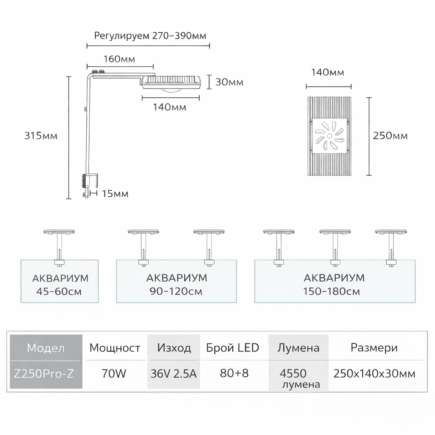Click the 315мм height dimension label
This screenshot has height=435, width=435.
pos(41,136)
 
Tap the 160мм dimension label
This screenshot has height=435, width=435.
pos(119,59)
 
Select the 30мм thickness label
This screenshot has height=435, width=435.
pos(229,82)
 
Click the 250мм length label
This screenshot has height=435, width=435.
pos(390,136)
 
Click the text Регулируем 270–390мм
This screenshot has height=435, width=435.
pos(150,35)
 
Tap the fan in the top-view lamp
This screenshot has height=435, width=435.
pos(330,136)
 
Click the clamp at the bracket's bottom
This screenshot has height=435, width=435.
pos(90,182)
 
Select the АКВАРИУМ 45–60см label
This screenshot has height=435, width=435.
pos(60,285)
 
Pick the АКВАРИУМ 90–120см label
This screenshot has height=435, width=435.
pos(176,285)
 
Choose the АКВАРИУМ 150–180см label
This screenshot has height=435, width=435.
pos(334,285)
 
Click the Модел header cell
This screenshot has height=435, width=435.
pos(46,348)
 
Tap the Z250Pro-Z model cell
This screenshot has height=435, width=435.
pos(46,374)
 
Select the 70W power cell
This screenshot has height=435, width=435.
pos(114,374)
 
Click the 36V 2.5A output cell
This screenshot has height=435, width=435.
pos(174,374)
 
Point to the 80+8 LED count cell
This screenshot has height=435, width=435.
pos(234,374)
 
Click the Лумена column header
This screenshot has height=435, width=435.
pos(298,348)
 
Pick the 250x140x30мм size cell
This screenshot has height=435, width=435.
pos(374,374)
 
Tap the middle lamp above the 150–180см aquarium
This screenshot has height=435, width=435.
pos(335,232)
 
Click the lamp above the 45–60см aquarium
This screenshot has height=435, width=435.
pos(59,232)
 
